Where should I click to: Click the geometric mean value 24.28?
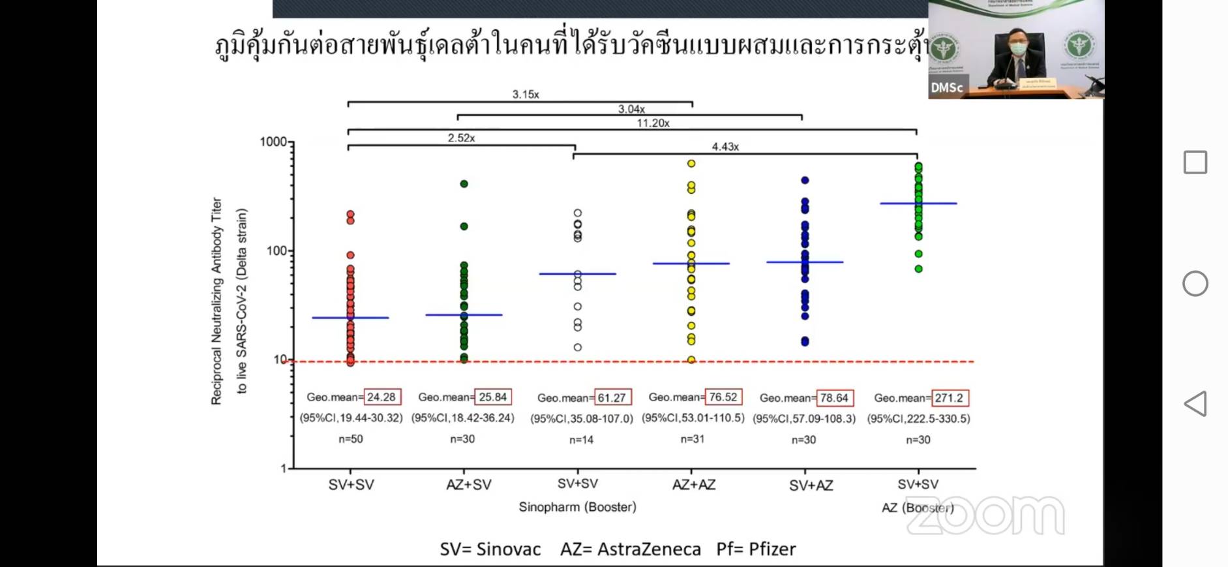[382, 397]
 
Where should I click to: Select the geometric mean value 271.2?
[949, 397]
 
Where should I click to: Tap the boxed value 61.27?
[612, 397]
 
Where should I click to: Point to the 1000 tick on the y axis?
[274, 142]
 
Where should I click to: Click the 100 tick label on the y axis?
[277, 251]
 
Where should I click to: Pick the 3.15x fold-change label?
[526, 95]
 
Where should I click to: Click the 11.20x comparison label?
[653, 123]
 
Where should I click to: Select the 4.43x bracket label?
[725, 147]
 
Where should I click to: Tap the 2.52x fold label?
[461, 138]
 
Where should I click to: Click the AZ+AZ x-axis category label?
[694, 485]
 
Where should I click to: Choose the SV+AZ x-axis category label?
[811, 485]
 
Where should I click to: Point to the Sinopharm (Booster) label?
[577, 507]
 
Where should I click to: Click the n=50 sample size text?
[351, 439]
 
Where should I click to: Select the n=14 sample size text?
[581, 440]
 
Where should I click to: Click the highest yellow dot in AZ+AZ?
[691, 164]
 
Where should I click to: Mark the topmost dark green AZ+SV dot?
[464, 184]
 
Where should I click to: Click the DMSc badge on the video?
[946, 87]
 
